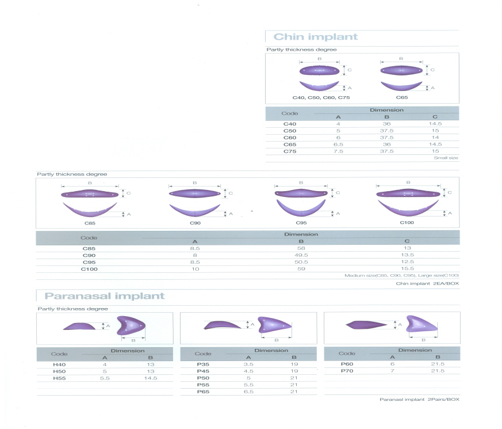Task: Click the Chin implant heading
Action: click(x=315, y=37)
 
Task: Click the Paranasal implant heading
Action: click(x=105, y=295)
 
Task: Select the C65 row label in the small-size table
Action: click(x=290, y=145)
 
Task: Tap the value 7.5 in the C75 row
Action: click(x=338, y=151)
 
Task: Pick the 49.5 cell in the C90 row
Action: click(x=301, y=255)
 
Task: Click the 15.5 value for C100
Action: click(x=407, y=269)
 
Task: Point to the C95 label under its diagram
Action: click(x=301, y=223)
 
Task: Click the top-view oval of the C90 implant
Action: click(x=195, y=193)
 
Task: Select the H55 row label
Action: click(x=59, y=378)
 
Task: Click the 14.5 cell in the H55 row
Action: click(x=151, y=378)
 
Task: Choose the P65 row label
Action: click(x=203, y=392)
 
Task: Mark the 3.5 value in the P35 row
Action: click(x=248, y=365)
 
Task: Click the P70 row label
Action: click(x=347, y=371)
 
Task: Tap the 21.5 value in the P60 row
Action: click(x=438, y=364)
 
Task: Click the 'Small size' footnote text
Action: click(x=446, y=158)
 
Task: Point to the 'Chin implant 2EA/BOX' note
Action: click(x=427, y=283)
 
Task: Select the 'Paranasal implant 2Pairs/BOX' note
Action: click(x=419, y=399)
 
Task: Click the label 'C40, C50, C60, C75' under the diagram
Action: click(x=321, y=97)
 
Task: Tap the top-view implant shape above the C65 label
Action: click(x=401, y=70)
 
